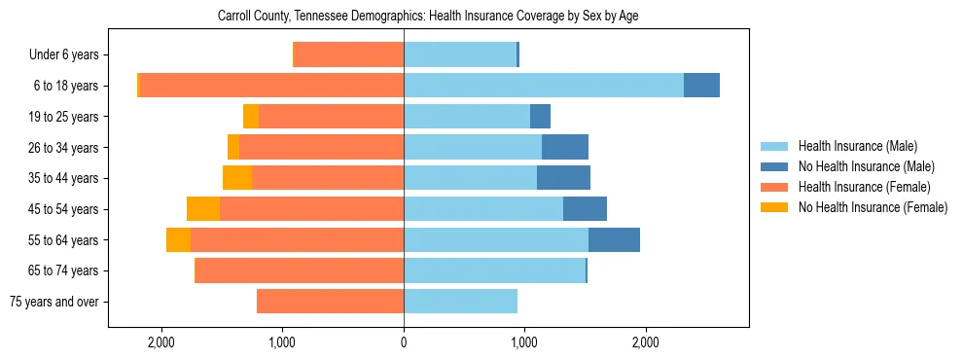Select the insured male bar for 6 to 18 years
(543, 86)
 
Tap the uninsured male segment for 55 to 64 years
(614, 239)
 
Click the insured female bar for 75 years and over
(330, 302)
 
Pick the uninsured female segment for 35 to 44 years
(237, 178)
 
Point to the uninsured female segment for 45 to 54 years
(203, 209)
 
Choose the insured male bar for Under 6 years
(459, 54)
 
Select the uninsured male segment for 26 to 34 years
(565, 147)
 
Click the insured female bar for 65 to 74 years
(300, 270)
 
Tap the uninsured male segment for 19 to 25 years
(540, 117)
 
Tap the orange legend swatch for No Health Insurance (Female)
(774, 207)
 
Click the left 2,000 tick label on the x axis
(160, 342)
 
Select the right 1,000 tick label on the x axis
(524, 342)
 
